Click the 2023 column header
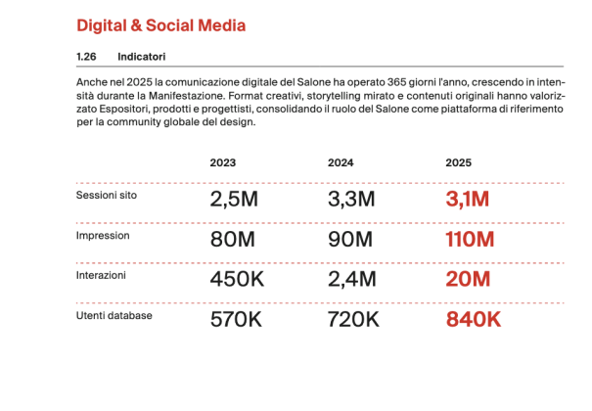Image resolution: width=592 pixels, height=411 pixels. pos(222,162)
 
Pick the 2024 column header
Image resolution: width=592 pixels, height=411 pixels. pos(341,162)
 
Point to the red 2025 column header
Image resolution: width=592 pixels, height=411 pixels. pos(458,162)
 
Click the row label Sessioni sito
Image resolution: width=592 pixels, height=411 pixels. pos(108,196)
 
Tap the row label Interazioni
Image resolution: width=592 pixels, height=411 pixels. pos(102,276)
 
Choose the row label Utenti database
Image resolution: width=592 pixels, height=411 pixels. pos(114,315)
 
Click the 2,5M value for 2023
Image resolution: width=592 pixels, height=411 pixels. pos(234,201)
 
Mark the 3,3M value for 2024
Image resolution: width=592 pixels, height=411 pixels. pos(351,201)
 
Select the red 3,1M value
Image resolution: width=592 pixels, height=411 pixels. pos(468,201)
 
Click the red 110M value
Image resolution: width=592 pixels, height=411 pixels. pos(471,240)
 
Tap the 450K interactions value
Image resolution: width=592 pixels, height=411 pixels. pos(238,280)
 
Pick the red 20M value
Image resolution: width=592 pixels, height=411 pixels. pos(468,280)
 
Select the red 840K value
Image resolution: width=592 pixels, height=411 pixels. pos(474,319)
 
